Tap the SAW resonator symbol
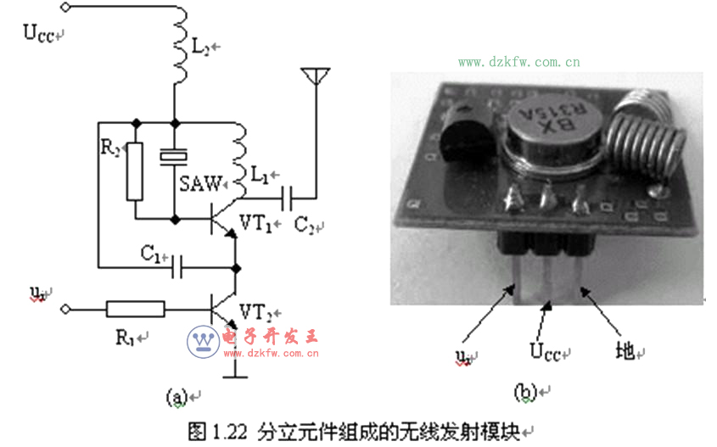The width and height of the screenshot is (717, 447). [174, 157]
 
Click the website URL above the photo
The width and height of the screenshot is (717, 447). [519, 62]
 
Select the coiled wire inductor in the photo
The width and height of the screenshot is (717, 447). [647, 136]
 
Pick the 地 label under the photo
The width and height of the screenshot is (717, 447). [624, 349]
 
